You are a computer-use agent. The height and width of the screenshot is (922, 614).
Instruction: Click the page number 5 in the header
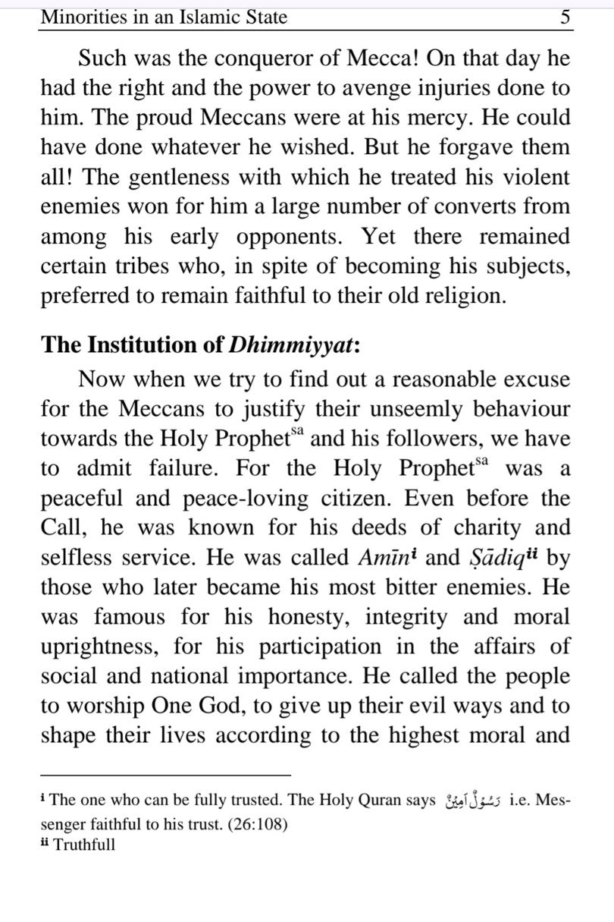coord(565,17)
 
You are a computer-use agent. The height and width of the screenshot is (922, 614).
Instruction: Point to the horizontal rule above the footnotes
coord(166,775)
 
